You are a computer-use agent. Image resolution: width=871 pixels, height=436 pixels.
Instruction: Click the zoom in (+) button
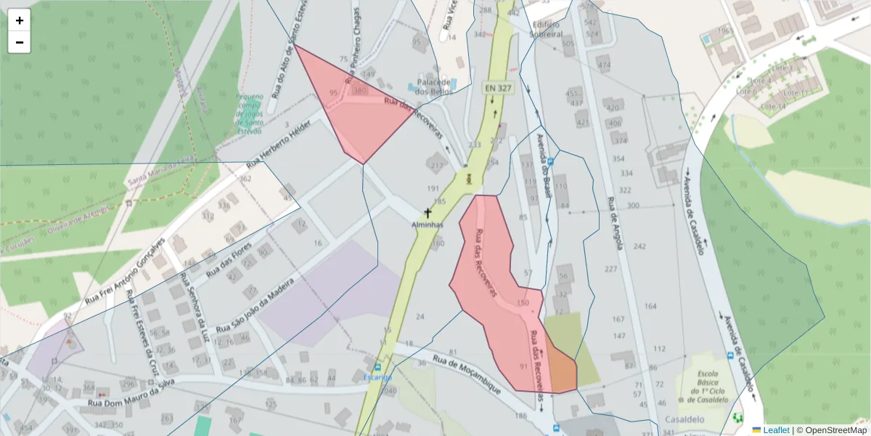(x=20, y=20)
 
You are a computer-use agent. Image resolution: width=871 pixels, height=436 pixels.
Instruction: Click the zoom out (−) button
(x=20, y=42)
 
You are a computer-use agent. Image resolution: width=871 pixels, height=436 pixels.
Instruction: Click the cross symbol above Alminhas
(x=428, y=213)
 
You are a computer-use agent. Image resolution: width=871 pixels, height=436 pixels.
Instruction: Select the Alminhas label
(x=428, y=225)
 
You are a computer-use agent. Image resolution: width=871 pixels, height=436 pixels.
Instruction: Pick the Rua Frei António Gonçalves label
(x=126, y=268)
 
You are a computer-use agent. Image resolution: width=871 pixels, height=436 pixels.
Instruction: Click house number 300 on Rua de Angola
(x=633, y=206)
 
